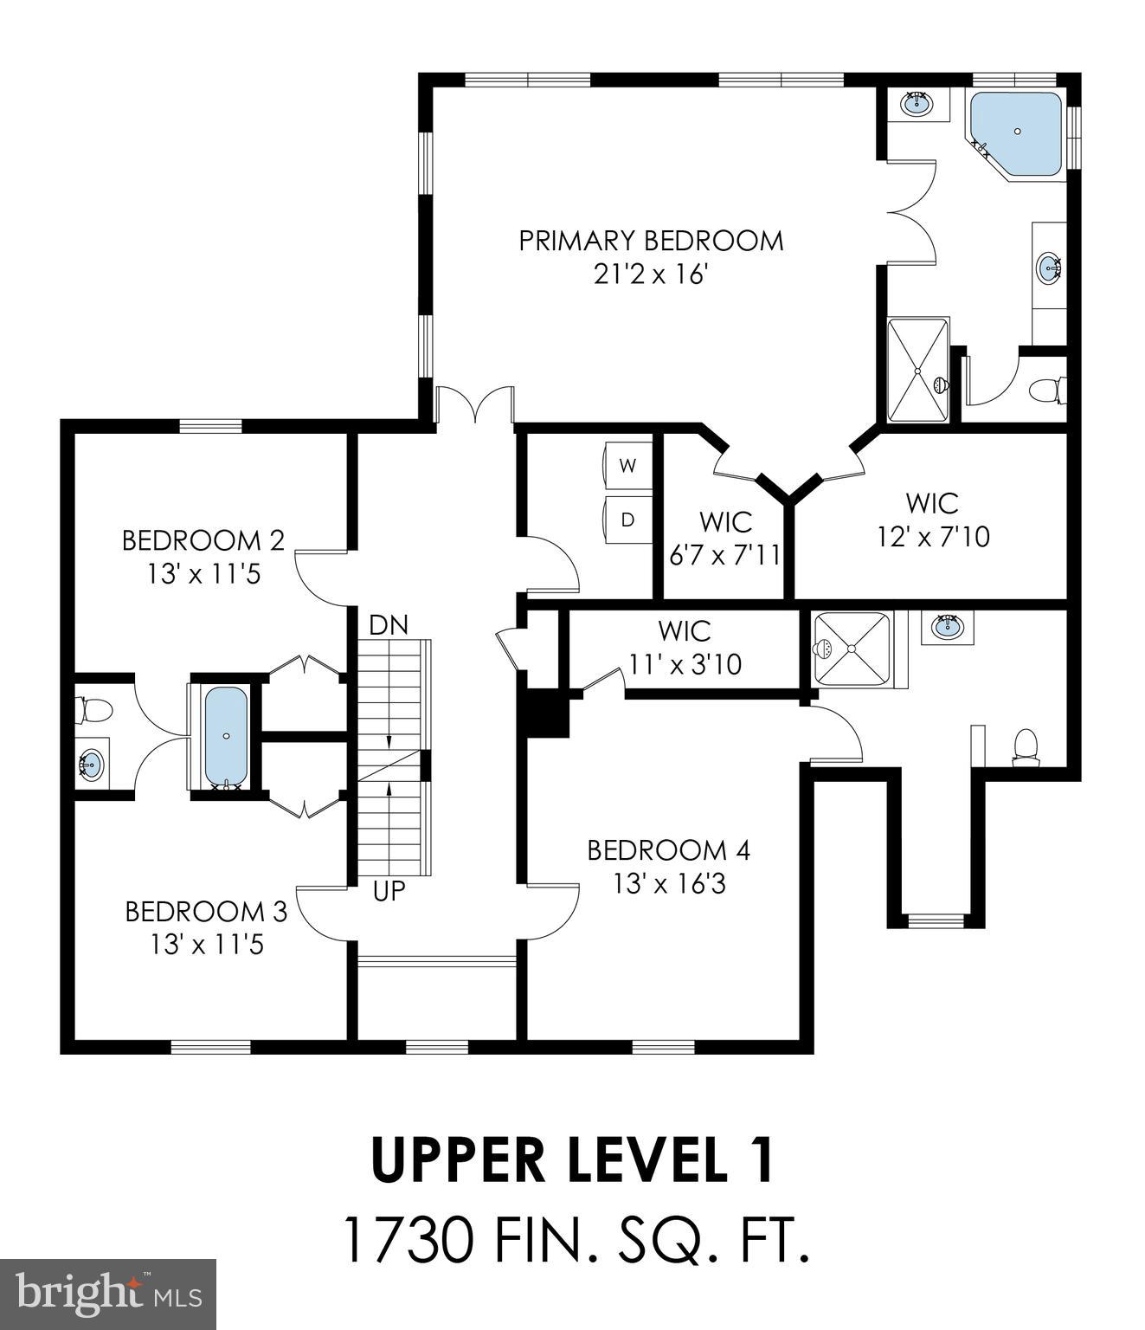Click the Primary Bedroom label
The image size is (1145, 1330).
click(x=651, y=241)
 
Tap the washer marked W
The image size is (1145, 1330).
click(x=627, y=466)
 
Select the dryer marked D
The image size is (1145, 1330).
click(x=627, y=520)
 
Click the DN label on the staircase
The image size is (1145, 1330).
click(x=388, y=624)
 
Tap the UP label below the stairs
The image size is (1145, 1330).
click(x=389, y=890)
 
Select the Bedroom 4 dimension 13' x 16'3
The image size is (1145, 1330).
click(x=668, y=885)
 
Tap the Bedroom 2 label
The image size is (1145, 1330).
click(x=203, y=540)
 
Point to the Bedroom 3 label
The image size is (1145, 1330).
click(x=206, y=912)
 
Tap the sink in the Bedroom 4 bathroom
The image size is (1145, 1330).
click(x=947, y=625)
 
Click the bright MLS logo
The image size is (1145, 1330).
click(x=108, y=1294)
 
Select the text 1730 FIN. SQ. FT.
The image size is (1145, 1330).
click(x=576, y=1241)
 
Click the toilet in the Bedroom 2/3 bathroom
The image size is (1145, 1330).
click(x=94, y=711)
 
